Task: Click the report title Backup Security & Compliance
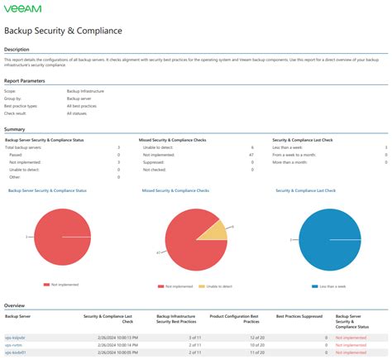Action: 63,31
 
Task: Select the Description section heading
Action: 17,49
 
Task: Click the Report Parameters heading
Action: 25,81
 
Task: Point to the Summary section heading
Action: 14,129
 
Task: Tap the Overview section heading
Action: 15,305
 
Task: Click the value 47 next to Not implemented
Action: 251,154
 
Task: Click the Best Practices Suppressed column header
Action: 299,316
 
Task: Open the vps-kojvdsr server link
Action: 17,338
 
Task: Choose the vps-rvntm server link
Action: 15,345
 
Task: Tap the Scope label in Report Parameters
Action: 13,90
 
